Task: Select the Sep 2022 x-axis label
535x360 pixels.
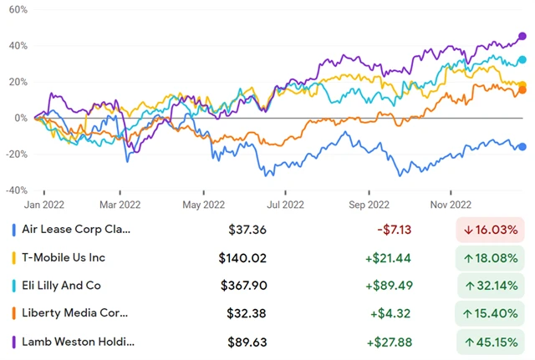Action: (x=368, y=204)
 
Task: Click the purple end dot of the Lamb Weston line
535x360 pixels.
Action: (x=522, y=36)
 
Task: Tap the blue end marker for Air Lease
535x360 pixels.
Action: (x=522, y=147)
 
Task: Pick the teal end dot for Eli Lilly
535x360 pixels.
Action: (x=522, y=60)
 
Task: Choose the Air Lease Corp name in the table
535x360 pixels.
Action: (x=77, y=229)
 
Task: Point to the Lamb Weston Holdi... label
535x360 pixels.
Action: (x=78, y=342)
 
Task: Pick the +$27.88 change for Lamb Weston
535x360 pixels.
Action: (x=388, y=342)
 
